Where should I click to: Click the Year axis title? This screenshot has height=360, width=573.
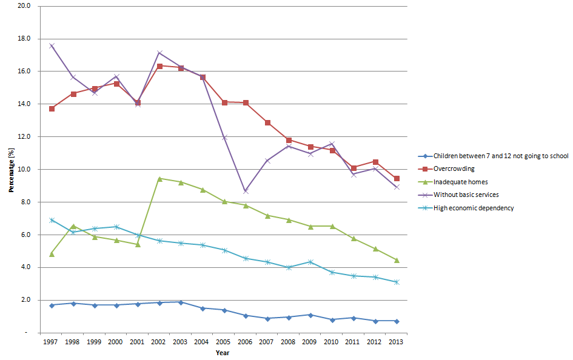point(222,353)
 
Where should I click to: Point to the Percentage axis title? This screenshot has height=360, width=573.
point(11,169)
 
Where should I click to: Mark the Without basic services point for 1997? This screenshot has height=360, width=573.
point(52,45)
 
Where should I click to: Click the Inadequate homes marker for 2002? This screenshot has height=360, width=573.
point(159,178)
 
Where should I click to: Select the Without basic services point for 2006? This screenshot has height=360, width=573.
point(246,191)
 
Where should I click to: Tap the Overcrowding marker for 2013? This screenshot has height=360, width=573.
point(397,178)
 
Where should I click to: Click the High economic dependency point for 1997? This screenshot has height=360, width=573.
point(52,220)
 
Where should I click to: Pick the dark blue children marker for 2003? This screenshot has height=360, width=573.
point(181,302)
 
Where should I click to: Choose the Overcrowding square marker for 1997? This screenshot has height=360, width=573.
point(52,108)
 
